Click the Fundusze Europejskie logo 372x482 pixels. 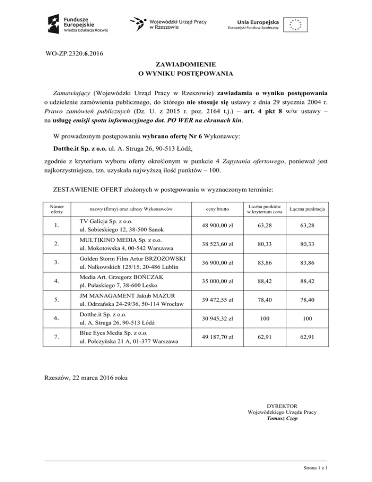[x=77, y=23]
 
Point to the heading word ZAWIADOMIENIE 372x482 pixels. [x=186, y=64]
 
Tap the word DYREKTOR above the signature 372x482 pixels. [x=282, y=405]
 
